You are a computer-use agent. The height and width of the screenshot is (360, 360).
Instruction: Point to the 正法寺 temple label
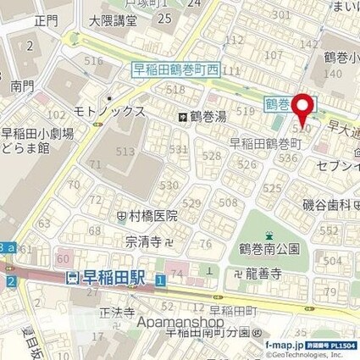coord(118,312)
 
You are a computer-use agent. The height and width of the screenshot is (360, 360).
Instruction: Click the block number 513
coord(125,151)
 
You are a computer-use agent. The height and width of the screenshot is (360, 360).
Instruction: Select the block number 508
coord(228,202)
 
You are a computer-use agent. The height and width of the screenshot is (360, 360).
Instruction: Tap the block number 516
coord(93,61)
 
